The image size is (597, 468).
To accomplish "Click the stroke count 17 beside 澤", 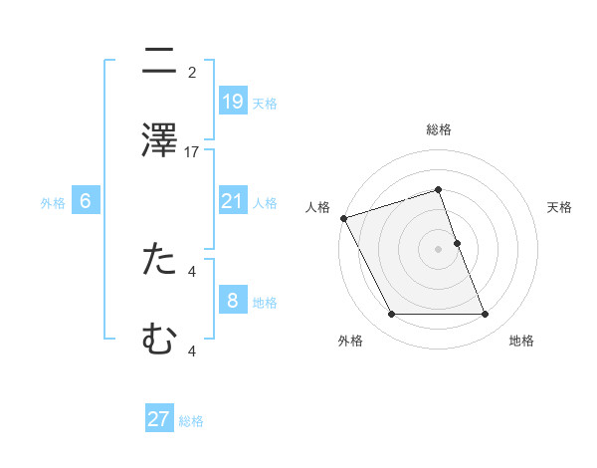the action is click(x=193, y=152).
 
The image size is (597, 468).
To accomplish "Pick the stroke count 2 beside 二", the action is click(x=192, y=72).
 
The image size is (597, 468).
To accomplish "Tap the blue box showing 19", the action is click(x=232, y=101).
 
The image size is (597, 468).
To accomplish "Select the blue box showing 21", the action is click(x=232, y=201).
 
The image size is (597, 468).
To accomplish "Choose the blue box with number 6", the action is click(x=86, y=201).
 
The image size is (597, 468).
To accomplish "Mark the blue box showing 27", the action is click(x=159, y=419).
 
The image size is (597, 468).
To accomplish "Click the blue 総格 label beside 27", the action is click(x=191, y=421).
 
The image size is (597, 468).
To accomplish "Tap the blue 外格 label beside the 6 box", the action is click(x=53, y=203).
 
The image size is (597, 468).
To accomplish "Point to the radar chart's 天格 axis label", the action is click(x=560, y=207).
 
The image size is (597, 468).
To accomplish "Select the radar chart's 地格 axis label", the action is click(x=521, y=341).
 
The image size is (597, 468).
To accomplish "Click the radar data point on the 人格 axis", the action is click(x=343, y=218).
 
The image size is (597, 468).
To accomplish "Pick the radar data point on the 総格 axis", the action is click(x=438, y=189).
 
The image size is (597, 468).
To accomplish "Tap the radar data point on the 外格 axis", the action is click(x=391, y=315).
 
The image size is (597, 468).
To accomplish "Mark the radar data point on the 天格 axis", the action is click(x=457, y=243).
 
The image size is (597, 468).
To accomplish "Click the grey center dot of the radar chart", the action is click(x=438, y=249).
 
